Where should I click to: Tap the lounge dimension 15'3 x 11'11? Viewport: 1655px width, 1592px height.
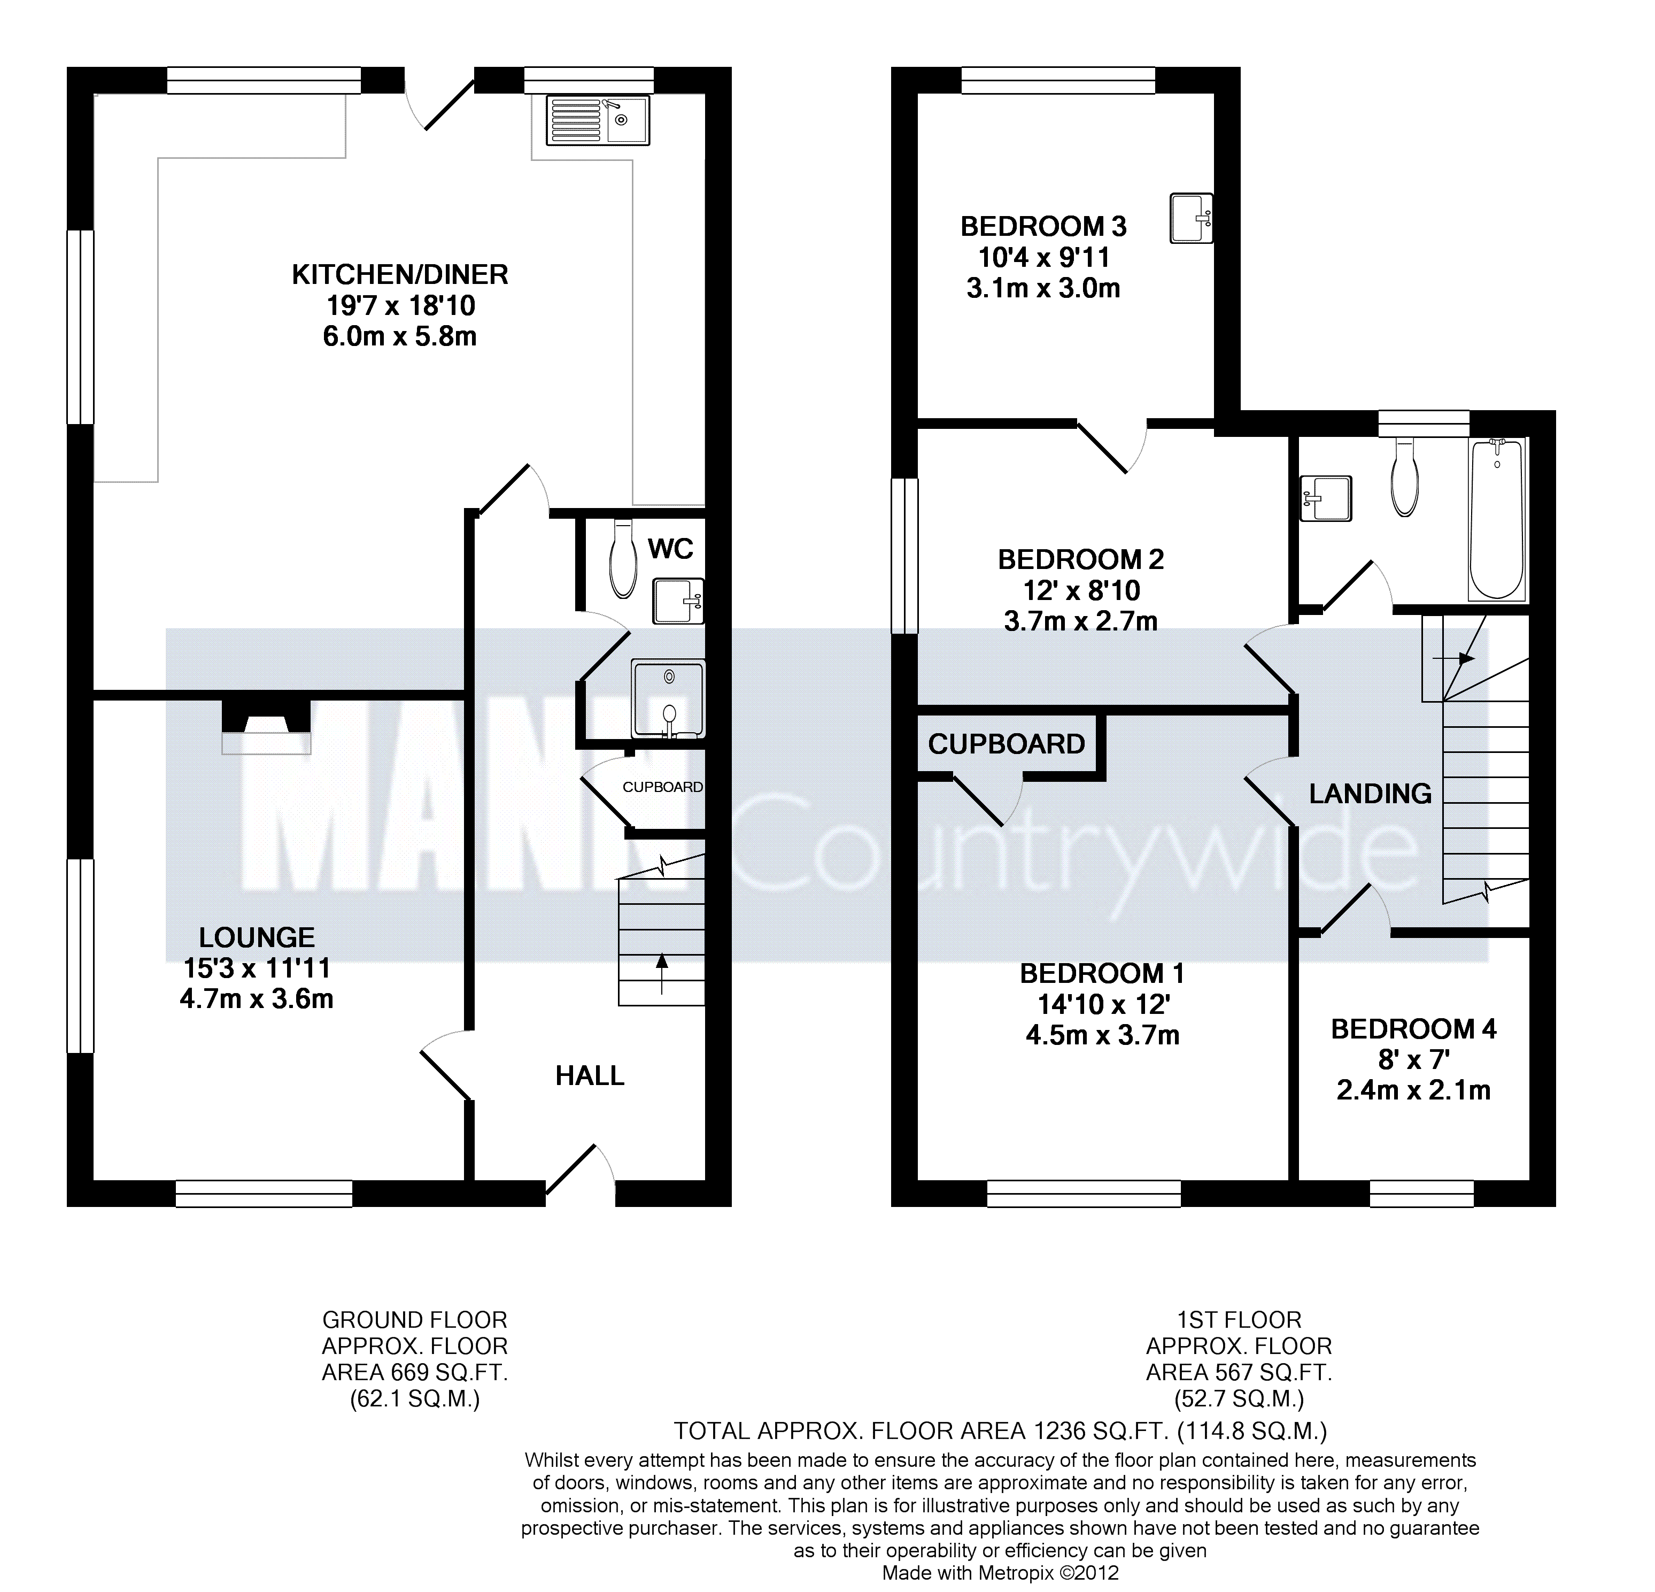pyautogui.click(x=257, y=968)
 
